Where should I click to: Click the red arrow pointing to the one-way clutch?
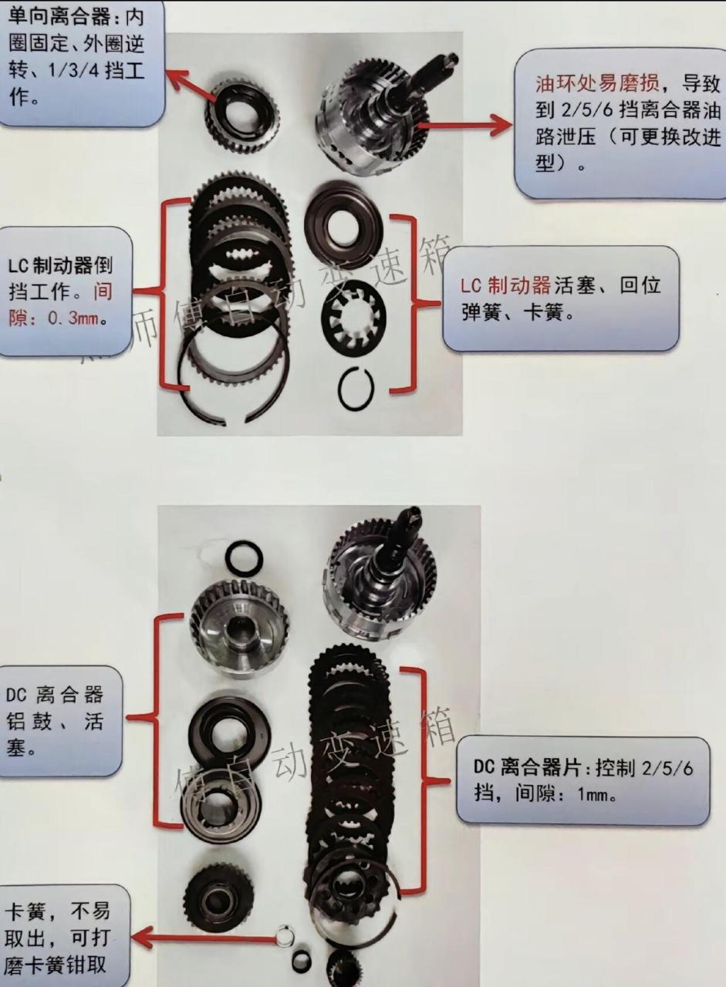(190, 85)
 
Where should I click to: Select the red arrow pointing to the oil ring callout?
(463, 123)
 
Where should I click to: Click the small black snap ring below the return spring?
(356, 389)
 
